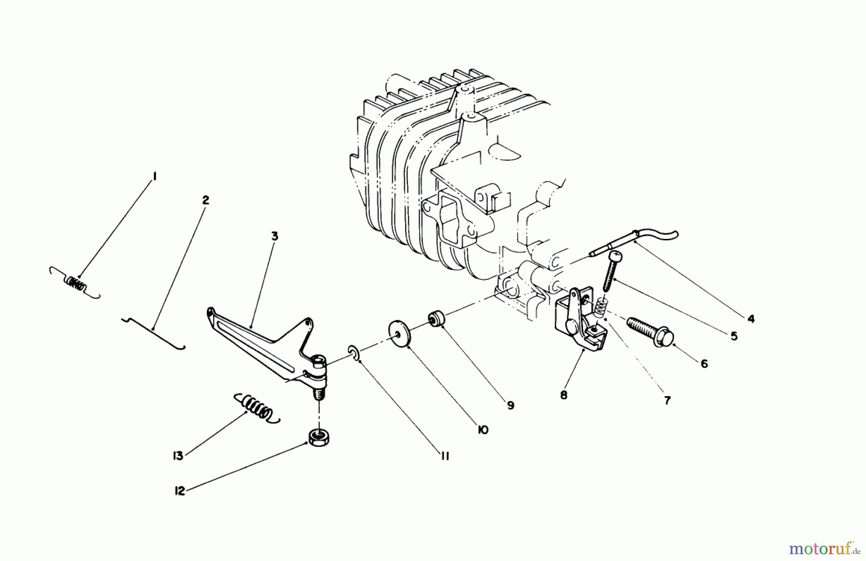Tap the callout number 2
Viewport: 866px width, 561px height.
(205, 200)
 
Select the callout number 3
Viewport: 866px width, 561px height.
(274, 236)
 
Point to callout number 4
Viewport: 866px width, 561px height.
(751, 318)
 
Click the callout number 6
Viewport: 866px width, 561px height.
(704, 364)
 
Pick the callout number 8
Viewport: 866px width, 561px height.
(563, 395)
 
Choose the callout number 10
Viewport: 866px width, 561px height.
(483, 430)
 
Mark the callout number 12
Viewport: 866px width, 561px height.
(179, 492)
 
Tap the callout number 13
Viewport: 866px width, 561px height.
(178, 456)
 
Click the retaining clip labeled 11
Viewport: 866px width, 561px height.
(354, 354)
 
